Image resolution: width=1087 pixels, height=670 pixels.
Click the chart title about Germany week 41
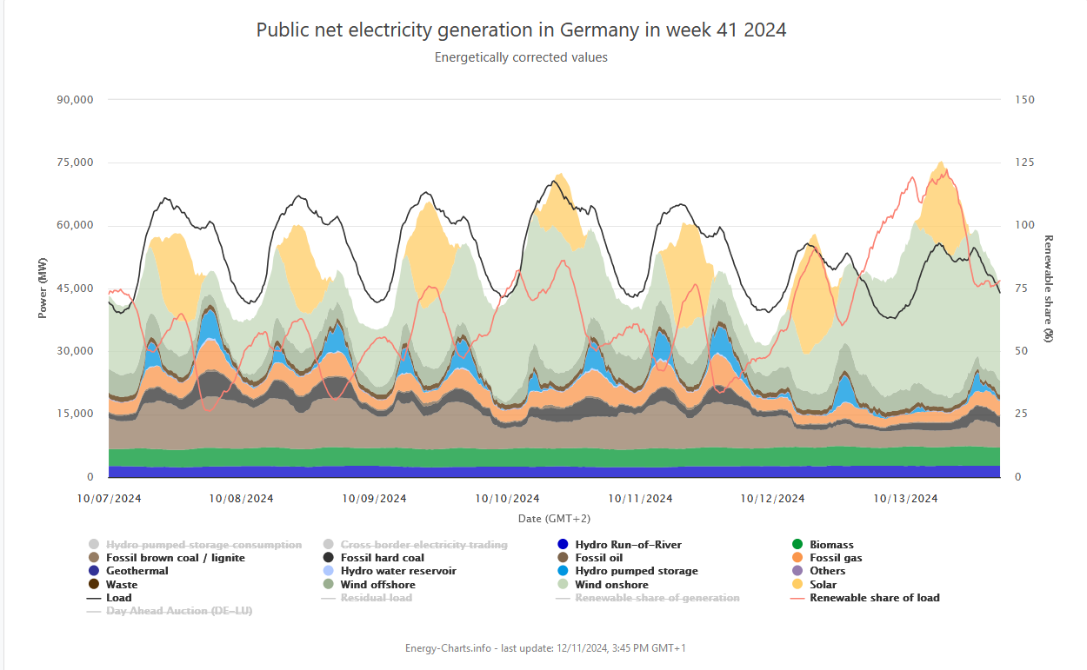[x=521, y=30]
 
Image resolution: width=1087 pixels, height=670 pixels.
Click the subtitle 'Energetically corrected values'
[x=521, y=57]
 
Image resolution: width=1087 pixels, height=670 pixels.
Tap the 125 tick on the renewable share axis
[x=1025, y=163]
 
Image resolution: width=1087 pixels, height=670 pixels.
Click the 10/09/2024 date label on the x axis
[x=374, y=499]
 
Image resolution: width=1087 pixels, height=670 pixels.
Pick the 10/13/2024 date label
[x=905, y=499]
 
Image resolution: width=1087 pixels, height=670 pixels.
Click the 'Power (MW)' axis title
[x=42, y=288]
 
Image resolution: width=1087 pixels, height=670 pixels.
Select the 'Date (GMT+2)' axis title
[x=554, y=519]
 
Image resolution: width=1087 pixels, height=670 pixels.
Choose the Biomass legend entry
[x=831, y=545]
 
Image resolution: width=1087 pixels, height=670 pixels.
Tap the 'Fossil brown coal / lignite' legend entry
[x=175, y=558]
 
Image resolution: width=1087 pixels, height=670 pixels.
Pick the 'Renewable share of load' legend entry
[x=874, y=598]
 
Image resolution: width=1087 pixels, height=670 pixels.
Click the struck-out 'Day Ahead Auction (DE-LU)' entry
[x=179, y=611]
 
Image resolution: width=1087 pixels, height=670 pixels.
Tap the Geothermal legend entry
[x=137, y=571]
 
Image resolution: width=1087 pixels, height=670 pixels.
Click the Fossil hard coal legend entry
[x=382, y=558]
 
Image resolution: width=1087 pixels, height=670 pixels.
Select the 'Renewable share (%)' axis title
[x=1049, y=288]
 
